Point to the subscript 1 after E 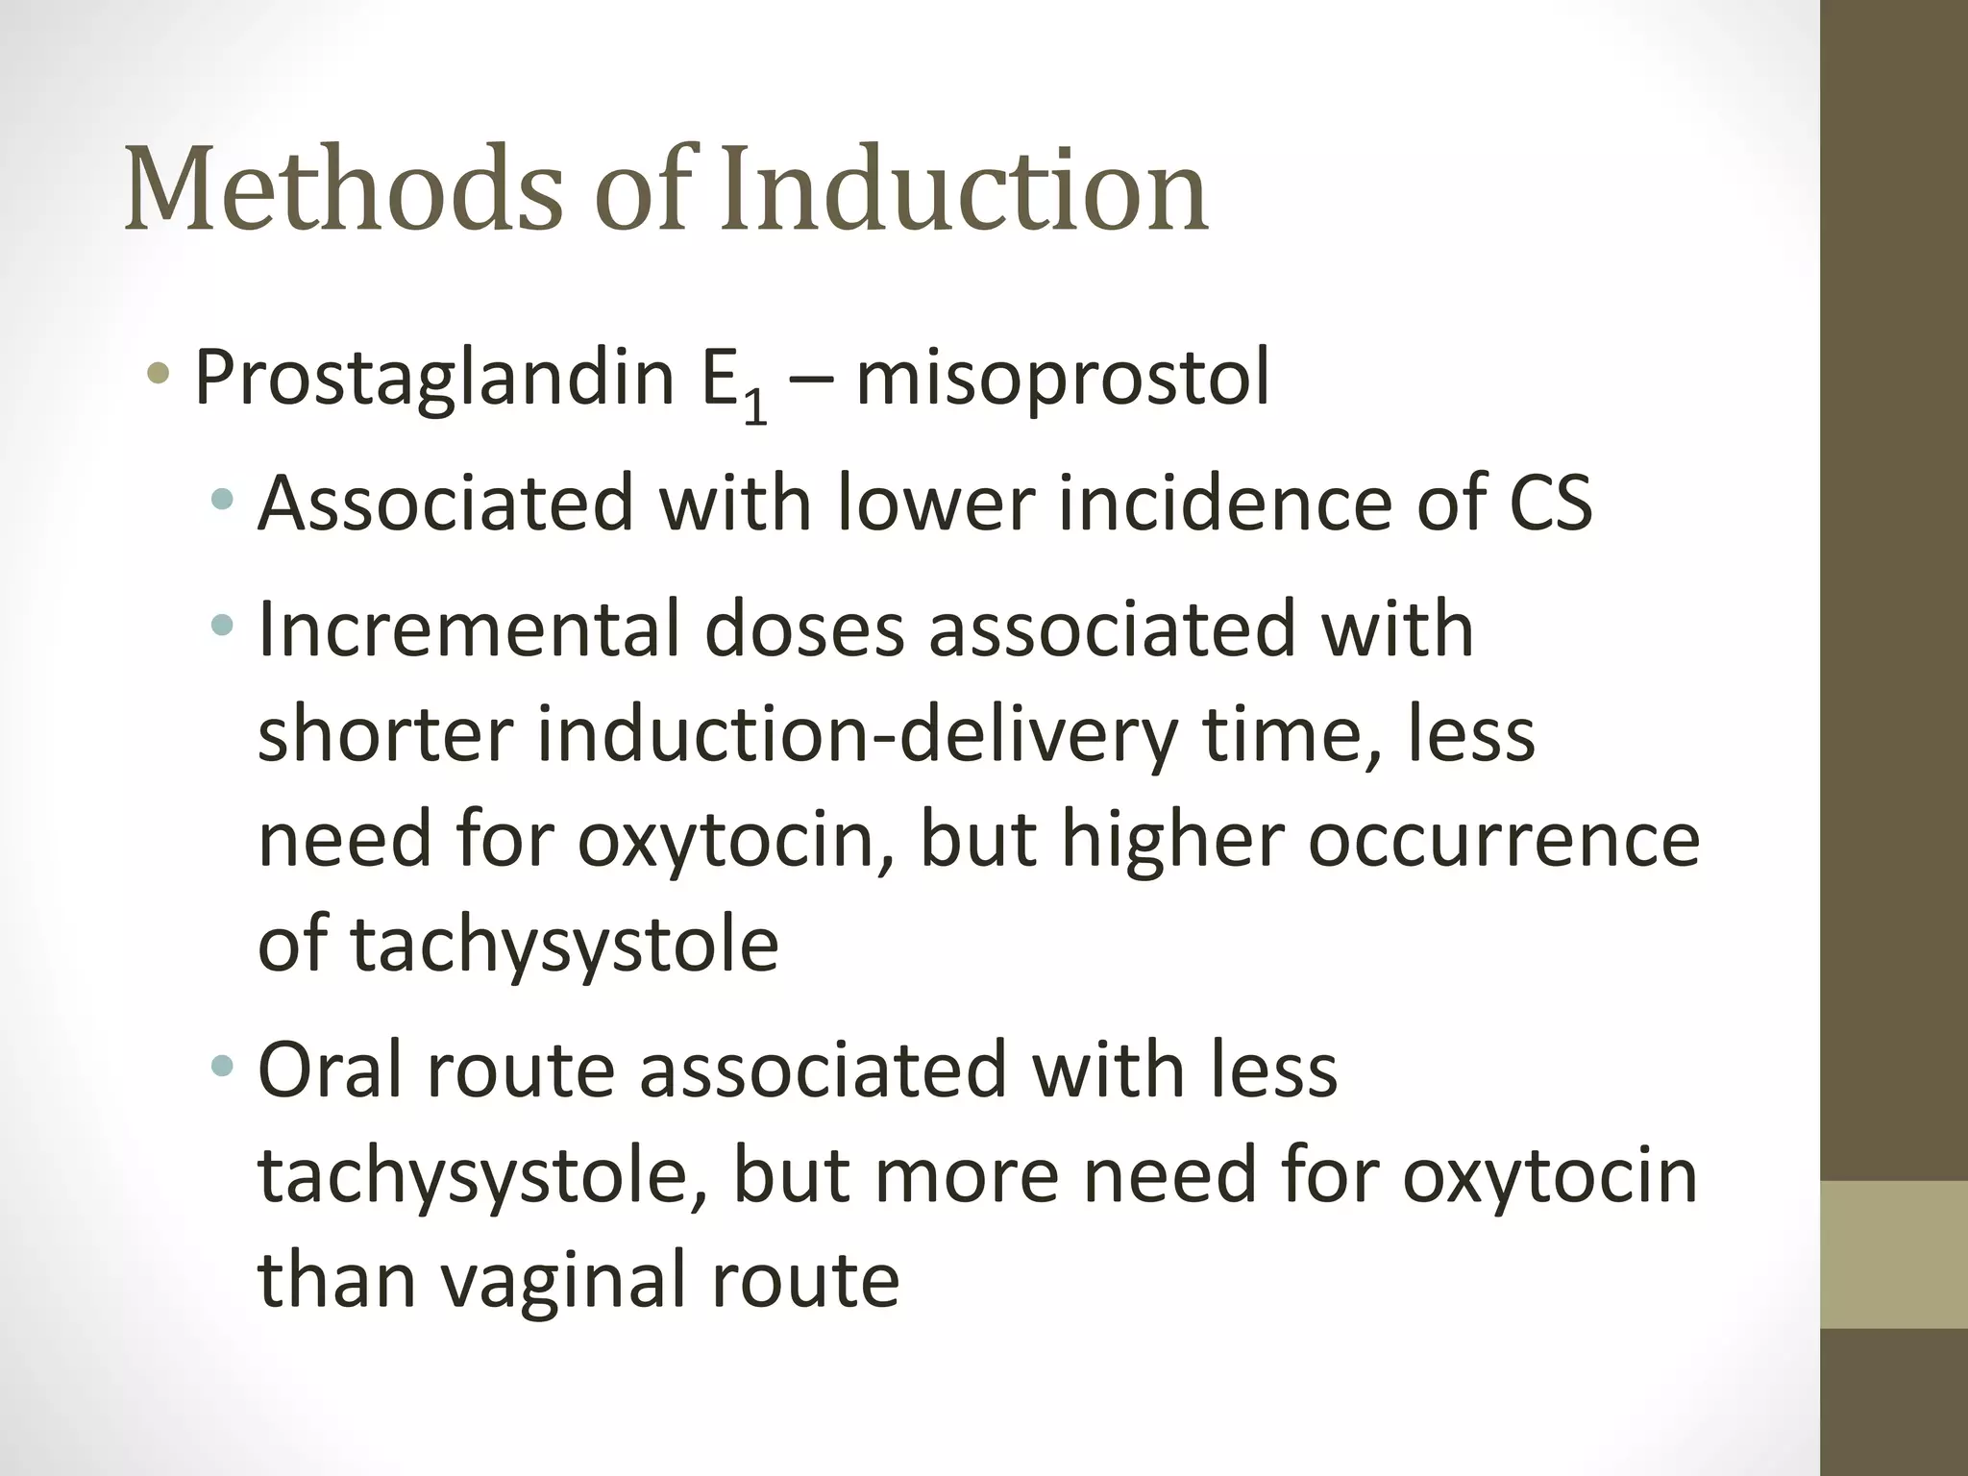pyautogui.click(x=755, y=407)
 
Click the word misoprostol pyautogui.click(x=1063, y=380)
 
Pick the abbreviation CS pyautogui.click(x=1550, y=503)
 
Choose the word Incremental pyautogui.click(x=468, y=629)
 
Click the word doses pyautogui.click(x=804, y=629)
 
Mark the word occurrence pyautogui.click(x=1504, y=840)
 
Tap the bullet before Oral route pyautogui.click(x=223, y=1065)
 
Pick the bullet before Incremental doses pyautogui.click(x=223, y=626)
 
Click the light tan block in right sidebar pyautogui.click(x=1894, y=1254)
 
